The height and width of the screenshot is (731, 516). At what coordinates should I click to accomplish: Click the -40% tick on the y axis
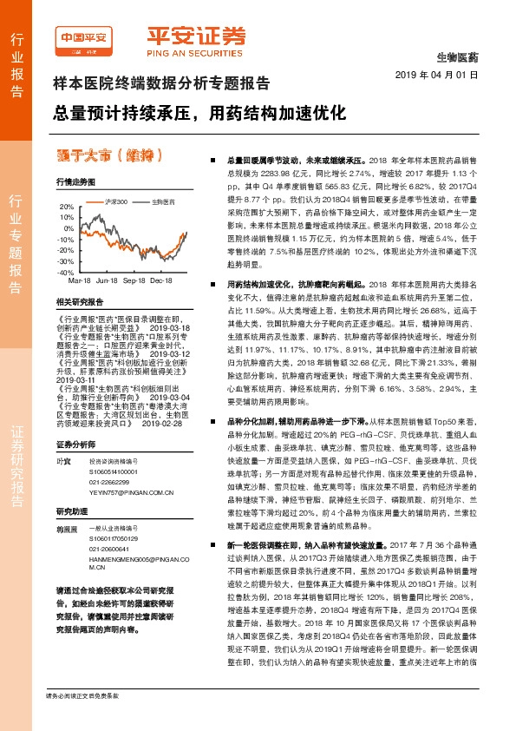(x=67, y=272)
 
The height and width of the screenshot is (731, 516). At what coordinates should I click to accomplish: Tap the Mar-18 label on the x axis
(x=80, y=281)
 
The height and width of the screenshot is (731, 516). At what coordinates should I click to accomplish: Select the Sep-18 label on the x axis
(x=134, y=281)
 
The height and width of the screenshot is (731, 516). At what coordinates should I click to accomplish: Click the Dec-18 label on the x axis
(x=160, y=281)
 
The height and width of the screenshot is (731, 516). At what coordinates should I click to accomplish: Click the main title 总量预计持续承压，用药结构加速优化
(x=199, y=114)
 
